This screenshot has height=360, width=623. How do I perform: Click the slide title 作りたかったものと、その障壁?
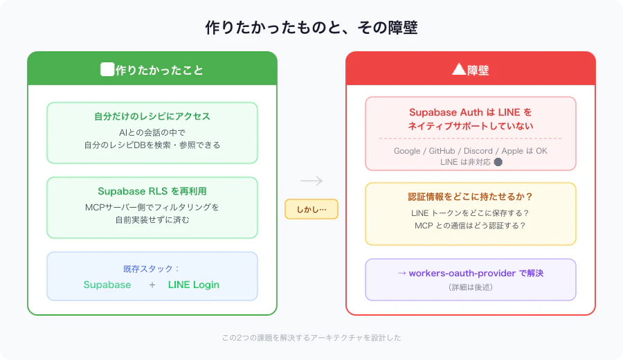311,28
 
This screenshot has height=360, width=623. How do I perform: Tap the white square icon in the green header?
107,69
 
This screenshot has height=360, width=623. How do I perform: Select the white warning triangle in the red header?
459,69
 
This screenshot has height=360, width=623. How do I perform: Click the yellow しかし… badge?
311,209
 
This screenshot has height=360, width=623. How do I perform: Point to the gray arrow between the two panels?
311,181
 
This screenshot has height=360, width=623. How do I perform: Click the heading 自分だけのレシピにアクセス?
152,116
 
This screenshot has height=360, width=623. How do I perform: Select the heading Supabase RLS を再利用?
152,191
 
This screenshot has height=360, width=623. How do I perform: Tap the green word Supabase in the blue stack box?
107,285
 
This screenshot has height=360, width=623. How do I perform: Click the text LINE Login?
194,285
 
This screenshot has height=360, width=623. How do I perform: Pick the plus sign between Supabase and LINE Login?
152,285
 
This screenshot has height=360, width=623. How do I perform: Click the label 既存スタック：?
151,269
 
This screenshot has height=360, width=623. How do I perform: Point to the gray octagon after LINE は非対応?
498,162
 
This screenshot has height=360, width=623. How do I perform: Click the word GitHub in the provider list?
442,151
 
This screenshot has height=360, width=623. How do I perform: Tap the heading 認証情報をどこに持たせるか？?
471,197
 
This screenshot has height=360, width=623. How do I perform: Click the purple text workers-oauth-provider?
462,273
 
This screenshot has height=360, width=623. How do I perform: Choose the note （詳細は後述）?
471,287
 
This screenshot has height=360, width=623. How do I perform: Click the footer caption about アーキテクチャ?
311,338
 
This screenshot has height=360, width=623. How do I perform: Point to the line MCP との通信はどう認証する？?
471,226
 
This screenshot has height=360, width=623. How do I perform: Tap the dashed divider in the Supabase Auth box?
471,138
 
